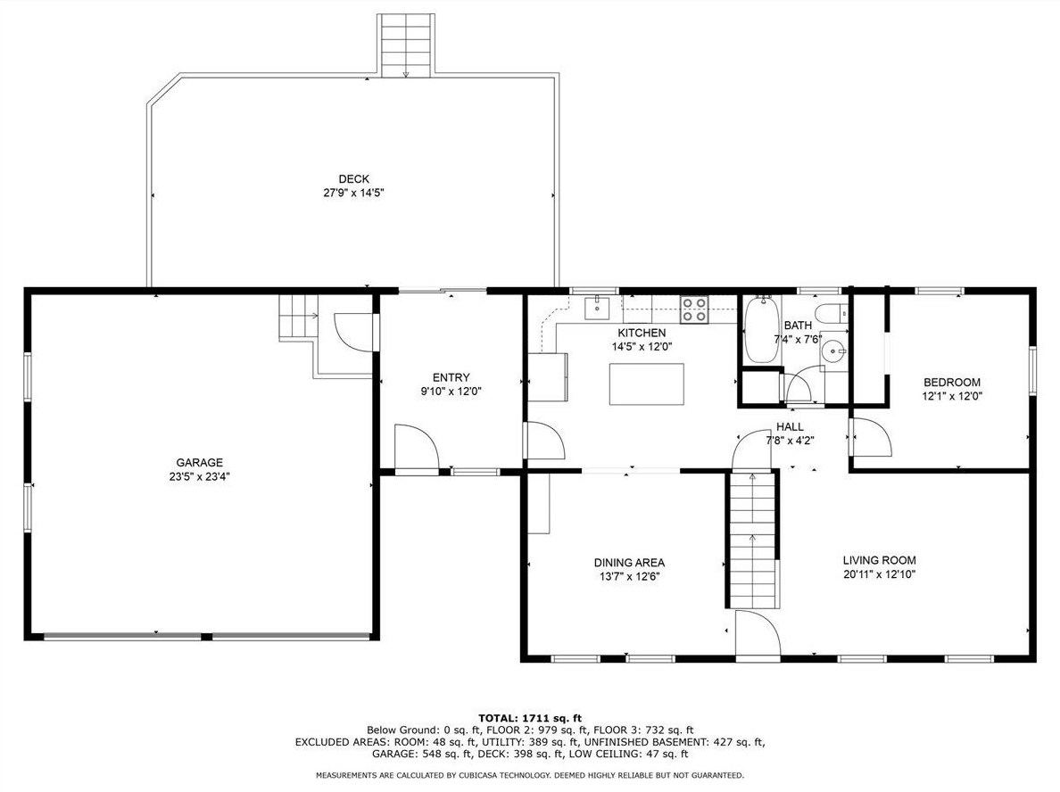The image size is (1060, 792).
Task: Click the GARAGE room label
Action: click(200, 463)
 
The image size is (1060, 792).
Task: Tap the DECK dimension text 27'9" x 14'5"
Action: click(354, 193)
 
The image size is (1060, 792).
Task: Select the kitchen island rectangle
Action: click(646, 384)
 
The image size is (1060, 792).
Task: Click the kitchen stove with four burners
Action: click(694, 309)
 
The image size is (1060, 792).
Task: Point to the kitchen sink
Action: click(598, 308)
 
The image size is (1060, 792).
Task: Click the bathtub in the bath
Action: click(762, 330)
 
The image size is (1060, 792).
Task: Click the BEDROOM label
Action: click(952, 383)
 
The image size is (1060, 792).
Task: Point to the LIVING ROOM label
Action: click(880, 560)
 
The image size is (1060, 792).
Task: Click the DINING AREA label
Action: click(629, 562)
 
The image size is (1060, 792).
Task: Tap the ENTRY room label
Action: click(451, 378)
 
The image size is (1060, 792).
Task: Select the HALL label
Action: click(790, 427)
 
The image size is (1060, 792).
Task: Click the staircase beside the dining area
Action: click(753, 540)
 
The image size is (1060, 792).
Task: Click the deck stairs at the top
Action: click(406, 45)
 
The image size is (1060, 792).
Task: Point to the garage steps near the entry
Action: click(298, 317)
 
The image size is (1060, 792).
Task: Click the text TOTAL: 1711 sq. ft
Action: click(530, 718)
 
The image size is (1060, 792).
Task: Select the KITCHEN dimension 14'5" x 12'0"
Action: click(642, 347)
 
